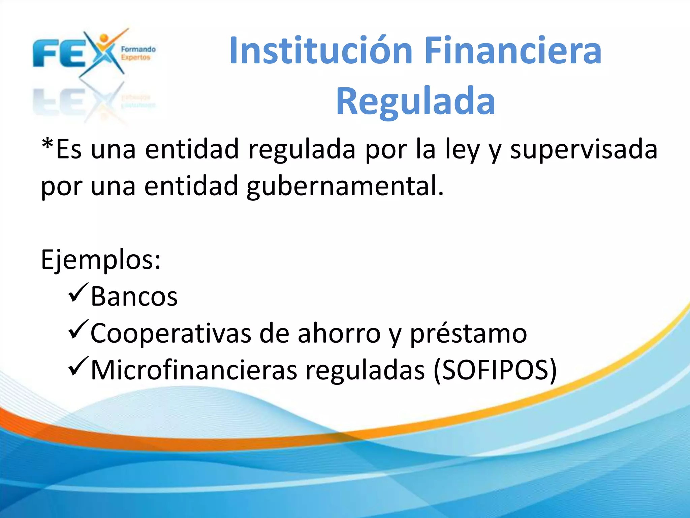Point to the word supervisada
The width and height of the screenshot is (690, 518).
click(584, 149)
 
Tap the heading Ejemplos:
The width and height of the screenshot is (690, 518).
click(101, 260)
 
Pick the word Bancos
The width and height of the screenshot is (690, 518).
click(134, 297)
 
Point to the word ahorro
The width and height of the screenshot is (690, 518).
click(339, 334)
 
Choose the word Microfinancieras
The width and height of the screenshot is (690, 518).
click(194, 370)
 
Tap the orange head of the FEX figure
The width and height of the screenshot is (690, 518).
click(104, 38)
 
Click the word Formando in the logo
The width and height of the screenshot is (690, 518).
click(138, 50)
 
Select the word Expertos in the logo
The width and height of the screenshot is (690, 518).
click(135, 57)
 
